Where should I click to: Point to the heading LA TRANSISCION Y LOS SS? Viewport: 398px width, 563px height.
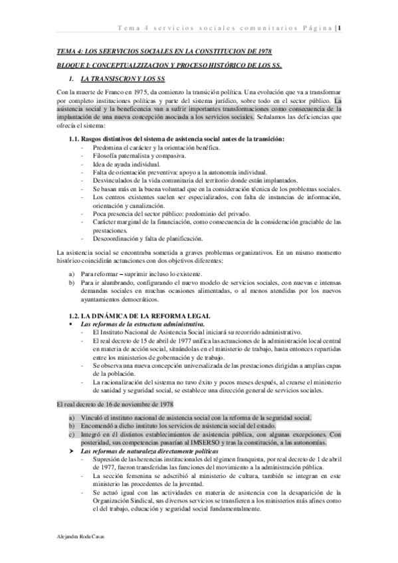tap(126, 78)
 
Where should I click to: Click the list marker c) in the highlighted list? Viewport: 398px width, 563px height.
tap(72, 416)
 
